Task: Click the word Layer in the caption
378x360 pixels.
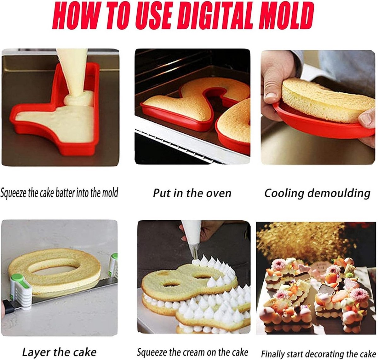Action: point(36,347)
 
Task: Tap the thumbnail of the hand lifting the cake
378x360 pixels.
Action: point(318,107)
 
